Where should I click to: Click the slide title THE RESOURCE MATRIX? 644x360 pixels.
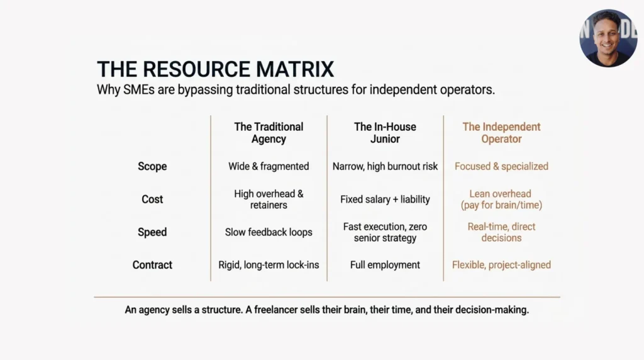[x=215, y=69]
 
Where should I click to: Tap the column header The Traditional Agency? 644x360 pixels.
[x=269, y=133]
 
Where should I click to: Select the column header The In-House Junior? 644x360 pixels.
[x=385, y=133]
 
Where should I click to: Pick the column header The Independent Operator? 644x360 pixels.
[x=501, y=133]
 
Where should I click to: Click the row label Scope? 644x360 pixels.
[x=152, y=166]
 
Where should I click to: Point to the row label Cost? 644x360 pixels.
[x=152, y=200]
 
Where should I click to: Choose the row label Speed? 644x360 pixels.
[x=152, y=232]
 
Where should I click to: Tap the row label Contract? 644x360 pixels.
[x=152, y=265]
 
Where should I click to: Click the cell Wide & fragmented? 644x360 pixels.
[x=269, y=166]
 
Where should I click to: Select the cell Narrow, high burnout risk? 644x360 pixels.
[x=385, y=166]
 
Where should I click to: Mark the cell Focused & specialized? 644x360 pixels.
[x=501, y=166]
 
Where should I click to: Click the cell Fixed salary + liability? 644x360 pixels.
[x=385, y=200]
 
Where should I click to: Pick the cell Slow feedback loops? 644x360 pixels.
[x=269, y=232]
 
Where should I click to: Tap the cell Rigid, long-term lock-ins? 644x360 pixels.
[x=269, y=265]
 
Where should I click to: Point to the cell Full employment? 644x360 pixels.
[x=385, y=265]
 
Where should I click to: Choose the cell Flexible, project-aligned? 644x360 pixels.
[x=501, y=265]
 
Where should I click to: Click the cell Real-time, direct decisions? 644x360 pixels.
[x=501, y=232]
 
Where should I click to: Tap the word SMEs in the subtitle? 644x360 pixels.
[x=139, y=89]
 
